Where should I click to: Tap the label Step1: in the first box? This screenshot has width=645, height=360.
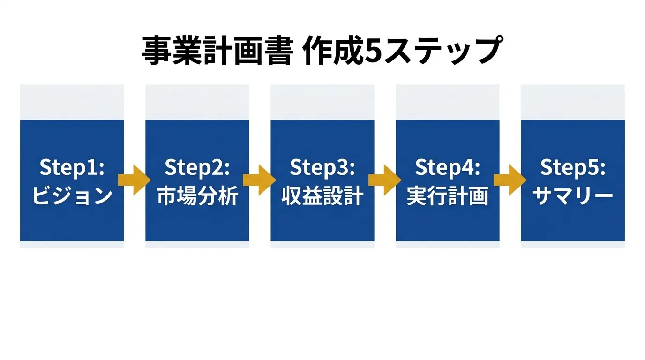72,168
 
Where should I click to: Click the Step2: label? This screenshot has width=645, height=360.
197,168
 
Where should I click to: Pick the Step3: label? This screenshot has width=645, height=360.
322,168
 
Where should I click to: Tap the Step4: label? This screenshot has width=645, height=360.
448,168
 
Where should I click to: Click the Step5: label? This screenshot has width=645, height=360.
573,168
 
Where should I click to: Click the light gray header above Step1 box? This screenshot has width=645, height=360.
72,102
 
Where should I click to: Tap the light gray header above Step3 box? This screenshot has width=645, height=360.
322,102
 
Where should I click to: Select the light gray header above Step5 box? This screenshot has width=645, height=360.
573,102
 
